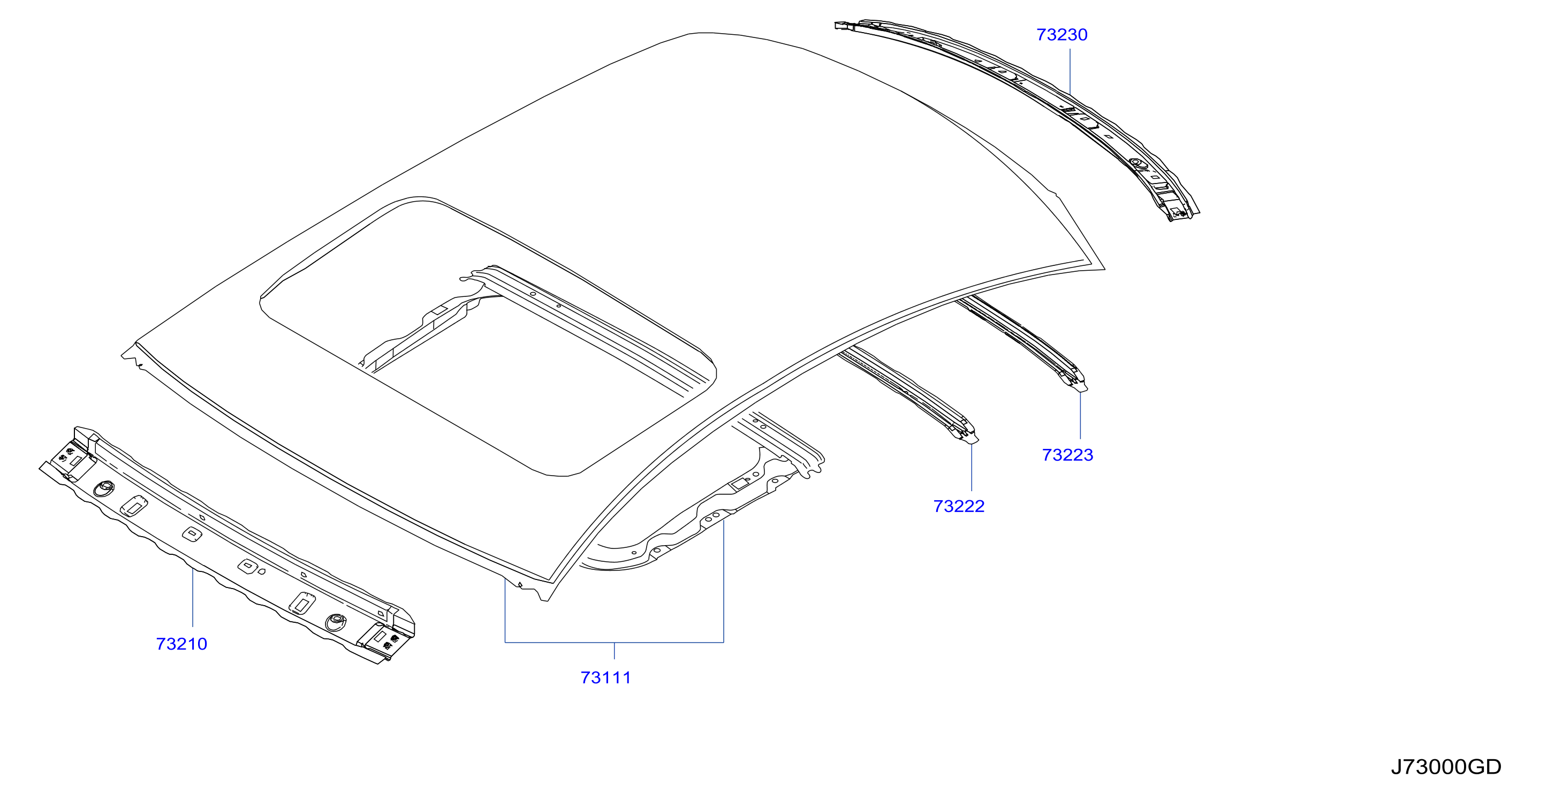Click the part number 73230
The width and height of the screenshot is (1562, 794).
point(1061,35)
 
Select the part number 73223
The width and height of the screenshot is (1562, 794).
point(1067,455)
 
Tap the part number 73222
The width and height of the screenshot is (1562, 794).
point(959,506)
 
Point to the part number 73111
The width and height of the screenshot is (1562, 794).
point(606,677)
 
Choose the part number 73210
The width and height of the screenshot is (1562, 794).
point(181,644)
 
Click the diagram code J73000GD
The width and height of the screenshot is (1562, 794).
point(1446,767)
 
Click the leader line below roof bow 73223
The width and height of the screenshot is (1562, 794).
point(1080,416)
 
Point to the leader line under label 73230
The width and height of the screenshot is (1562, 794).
point(1070,72)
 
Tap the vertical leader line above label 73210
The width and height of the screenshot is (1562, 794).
point(193,598)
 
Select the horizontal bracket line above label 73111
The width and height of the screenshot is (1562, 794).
point(614,642)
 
